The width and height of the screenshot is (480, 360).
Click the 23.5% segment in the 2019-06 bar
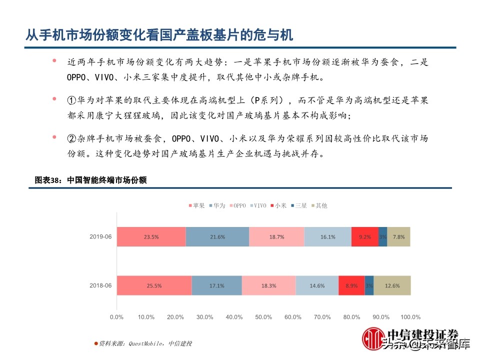tap(151, 237)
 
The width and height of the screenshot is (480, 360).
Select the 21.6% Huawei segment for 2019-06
tap(217, 237)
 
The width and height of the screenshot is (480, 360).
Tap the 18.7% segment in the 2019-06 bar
tap(276, 237)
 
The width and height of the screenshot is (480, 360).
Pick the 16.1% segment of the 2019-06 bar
tap(327, 237)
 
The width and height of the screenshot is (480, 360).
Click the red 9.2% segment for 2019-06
tap(364, 237)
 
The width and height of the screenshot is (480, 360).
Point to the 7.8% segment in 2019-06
tap(399, 237)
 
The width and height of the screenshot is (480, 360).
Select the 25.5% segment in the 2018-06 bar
tap(154, 285)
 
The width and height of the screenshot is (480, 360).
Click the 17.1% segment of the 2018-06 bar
tap(216, 285)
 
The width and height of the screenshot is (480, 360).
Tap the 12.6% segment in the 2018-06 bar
tap(392, 285)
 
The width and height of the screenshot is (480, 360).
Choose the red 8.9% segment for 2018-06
tap(351, 285)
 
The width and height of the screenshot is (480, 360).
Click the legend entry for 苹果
tap(196, 205)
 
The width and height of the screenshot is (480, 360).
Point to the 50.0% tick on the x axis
tap(263, 317)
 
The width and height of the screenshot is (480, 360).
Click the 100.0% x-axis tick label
tap(410, 317)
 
